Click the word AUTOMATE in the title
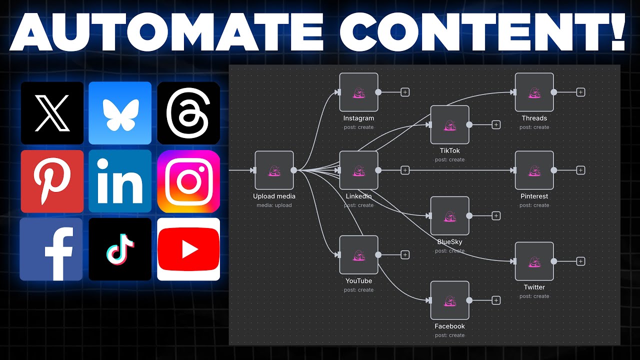pos(166,31)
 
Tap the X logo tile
pos(52,113)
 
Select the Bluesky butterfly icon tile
pos(120,113)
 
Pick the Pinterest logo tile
pos(52,181)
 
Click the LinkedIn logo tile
pos(120,181)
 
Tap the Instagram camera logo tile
pos(188,181)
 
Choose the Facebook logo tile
pos(51,249)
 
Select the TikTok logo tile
pos(120,249)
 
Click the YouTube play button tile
pos(188,249)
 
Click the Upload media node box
pos(274,170)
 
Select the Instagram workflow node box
pos(359,92)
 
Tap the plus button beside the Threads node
pos(580,92)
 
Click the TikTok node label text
pos(449,150)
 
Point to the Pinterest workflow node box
pos(534,170)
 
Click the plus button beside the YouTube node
pos(405,255)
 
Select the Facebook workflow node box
pos(449,300)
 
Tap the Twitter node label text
pos(534,287)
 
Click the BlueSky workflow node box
pos(449,215)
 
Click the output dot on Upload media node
pos(293,170)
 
